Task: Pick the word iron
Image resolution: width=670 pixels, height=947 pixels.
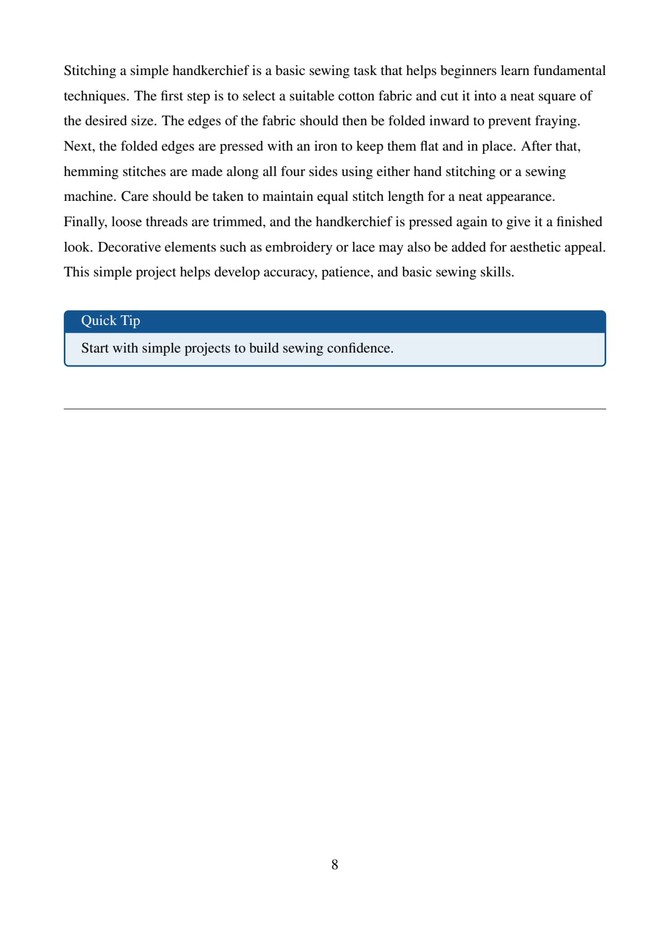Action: click(325, 146)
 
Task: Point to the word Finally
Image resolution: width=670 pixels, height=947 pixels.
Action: click(85, 222)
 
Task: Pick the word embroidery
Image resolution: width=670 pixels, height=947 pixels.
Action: click(298, 247)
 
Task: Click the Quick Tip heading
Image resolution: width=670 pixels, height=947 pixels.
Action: click(111, 321)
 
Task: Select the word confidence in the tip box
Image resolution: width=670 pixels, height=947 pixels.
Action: click(360, 348)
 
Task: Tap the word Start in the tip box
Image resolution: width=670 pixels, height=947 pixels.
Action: click(95, 348)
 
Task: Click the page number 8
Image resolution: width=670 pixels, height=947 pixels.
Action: click(334, 864)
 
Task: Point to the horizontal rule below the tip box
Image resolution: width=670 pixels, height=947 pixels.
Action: click(334, 409)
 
